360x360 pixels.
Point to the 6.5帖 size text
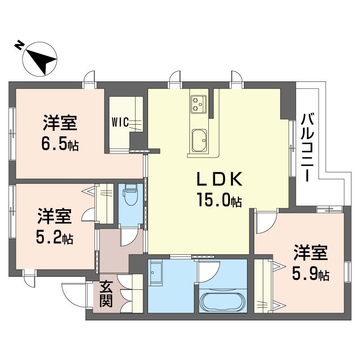(x=59, y=144)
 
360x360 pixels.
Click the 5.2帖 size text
(x=54, y=237)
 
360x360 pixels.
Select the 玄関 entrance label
(x=106, y=293)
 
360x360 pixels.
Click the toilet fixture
(x=131, y=195)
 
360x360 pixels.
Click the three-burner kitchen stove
(x=198, y=103)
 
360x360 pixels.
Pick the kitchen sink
(x=199, y=140)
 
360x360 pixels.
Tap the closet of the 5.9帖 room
(x=264, y=286)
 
